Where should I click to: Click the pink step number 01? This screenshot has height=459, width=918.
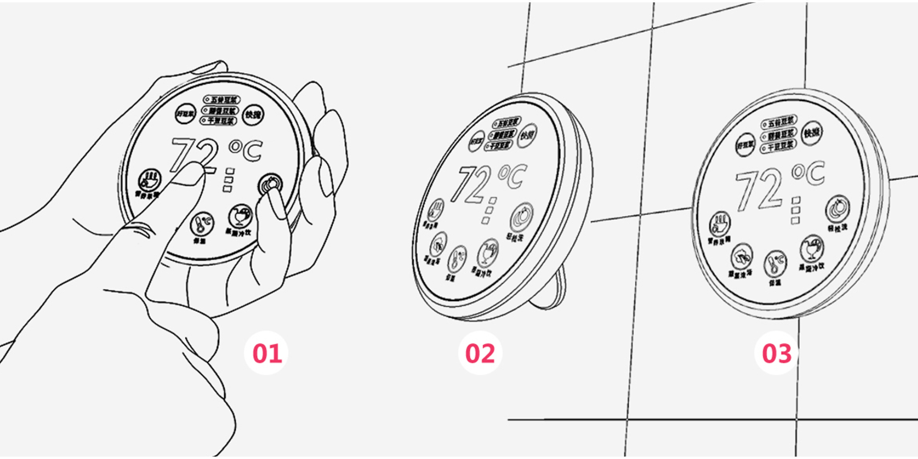click(267, 353)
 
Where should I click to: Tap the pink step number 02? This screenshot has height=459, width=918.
click(480, 353)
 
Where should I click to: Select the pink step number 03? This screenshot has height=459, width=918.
click(776, 353)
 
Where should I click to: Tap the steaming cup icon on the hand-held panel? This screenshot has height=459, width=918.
click(150, 181)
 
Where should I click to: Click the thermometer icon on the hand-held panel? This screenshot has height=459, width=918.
click(202, 223)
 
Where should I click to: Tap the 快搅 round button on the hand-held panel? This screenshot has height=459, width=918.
click(253, 115)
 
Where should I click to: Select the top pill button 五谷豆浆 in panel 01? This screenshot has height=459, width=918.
click(221, 99)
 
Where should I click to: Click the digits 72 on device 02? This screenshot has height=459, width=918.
click(471, 184)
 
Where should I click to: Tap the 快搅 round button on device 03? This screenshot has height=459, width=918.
click(812, 132)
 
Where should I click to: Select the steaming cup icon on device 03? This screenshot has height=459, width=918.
click(719, 224)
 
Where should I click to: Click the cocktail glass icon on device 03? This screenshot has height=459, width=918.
click(811, 248)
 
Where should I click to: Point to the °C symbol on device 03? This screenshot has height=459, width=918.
click(809, 174)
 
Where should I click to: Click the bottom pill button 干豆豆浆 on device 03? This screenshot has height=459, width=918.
click(778, 145)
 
